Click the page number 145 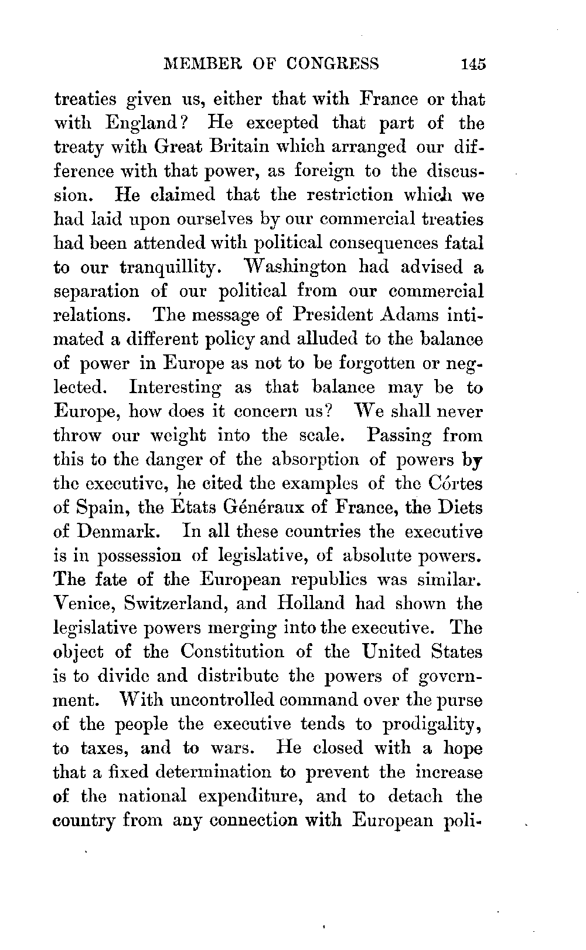point(473,63)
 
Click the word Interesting point(175,387)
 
